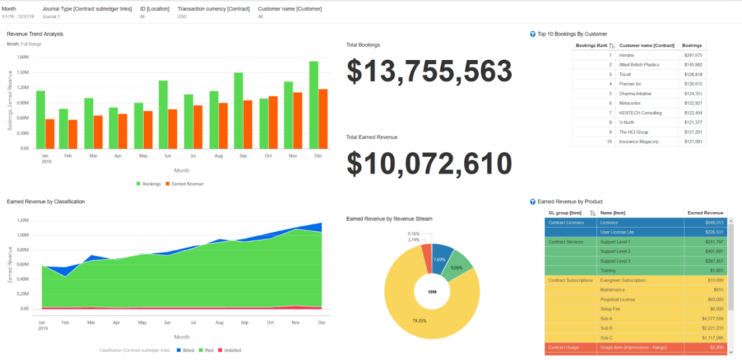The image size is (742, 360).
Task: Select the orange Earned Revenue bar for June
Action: coord(173,129)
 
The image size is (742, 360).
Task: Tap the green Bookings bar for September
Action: coord(238,110)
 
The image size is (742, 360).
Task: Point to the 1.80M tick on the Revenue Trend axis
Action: coord(23,57)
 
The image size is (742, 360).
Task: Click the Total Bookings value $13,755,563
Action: coord(429,71)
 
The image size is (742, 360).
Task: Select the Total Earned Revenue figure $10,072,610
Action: coord(429,163)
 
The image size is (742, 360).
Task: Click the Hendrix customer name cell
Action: coord(627,55)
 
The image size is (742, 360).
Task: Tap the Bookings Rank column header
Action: coord(592,45)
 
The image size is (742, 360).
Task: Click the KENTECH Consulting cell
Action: coord(640,113)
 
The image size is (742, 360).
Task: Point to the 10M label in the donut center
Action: coord(432,292)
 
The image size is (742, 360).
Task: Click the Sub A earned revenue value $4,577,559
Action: coord(712,319)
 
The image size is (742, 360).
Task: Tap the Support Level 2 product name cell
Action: coord(615,251)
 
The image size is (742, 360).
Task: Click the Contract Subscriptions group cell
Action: coord(570,280)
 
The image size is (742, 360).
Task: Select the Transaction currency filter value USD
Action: coord(182,16)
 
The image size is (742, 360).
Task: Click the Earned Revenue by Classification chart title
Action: coord(46,201)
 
